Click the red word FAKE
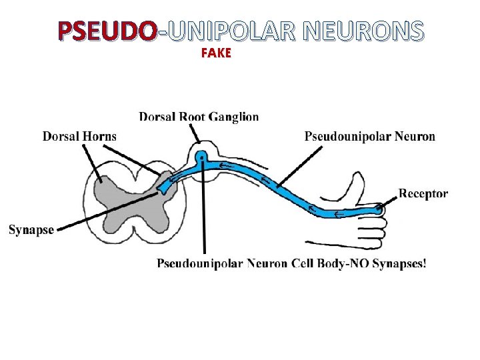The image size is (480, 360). (215, 54)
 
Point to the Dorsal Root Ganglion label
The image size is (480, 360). (199, 117)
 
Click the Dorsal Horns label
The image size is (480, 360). (79, 136)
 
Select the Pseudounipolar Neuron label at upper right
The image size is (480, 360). (370, 137)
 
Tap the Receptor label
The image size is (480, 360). (423, 193)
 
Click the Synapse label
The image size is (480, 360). (31, 230)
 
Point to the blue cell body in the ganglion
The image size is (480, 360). (201, 158)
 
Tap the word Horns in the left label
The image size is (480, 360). (101, 136)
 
